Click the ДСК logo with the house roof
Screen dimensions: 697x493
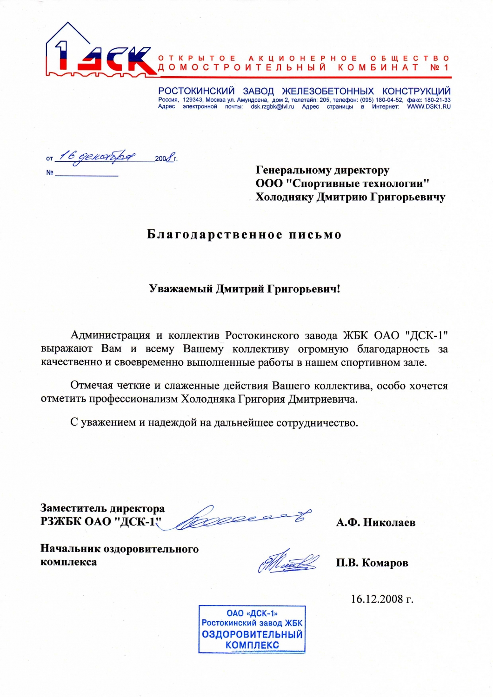[x=100, y=51]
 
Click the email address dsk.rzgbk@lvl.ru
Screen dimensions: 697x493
[x=272, y=107]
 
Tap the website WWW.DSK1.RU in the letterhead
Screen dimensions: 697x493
[x=428, y=107]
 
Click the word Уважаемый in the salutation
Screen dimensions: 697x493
[x=181, y=289]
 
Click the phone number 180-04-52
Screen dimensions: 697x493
[x=389, y=100]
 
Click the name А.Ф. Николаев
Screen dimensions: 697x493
[x=375, y=523]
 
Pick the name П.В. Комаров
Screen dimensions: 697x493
[x=372, y=563]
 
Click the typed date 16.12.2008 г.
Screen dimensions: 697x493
[x=381, y=599]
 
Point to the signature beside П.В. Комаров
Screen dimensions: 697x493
[x=288, y=562]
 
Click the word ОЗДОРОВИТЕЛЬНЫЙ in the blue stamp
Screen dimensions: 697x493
[x=252, y=634]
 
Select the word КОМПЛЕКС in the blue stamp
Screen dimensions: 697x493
[x=252, y=645]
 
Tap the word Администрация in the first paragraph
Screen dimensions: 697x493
[x=110, y=335]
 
